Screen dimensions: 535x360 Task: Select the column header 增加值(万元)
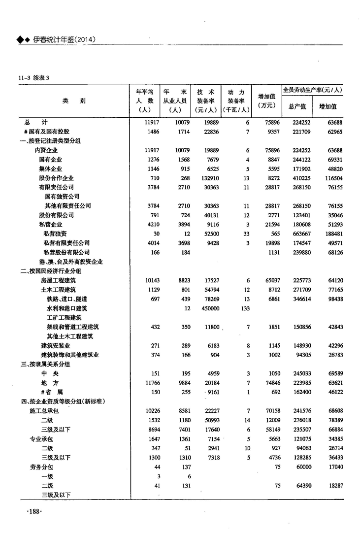[266, 100]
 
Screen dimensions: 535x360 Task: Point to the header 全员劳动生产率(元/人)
[312, 90]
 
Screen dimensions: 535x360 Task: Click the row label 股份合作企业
[56, 178]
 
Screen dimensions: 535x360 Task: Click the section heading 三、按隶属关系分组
[45, 364]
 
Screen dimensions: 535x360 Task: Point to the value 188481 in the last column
[332, 234]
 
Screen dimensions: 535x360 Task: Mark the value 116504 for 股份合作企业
[332, 178]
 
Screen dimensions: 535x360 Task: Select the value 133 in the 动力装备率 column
[244, 308]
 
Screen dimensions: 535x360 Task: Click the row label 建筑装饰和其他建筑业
[70, 355]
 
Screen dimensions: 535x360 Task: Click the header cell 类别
[74, 100]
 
